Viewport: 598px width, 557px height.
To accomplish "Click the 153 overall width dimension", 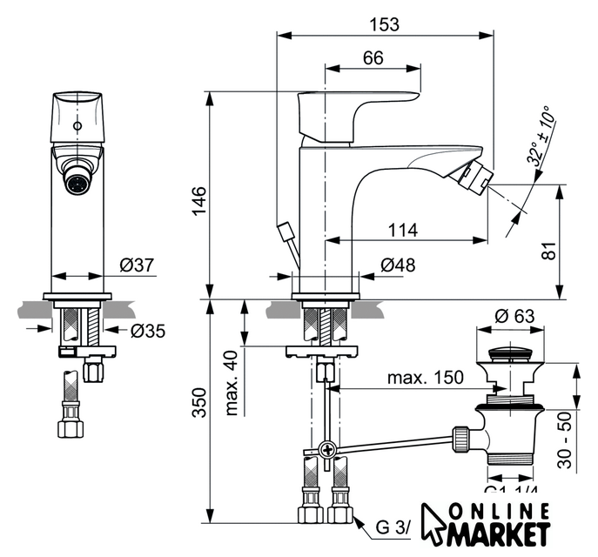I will pos(384,24).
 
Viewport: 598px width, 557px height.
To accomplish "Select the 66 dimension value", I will pos(373,58).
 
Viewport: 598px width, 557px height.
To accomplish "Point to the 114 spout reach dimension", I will pos(402,231).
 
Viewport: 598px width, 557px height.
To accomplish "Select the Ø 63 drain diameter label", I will pos(514,316).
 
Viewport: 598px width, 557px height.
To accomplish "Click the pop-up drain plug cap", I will pos(513,354).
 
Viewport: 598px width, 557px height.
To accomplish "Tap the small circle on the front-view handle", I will pos(79,126).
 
